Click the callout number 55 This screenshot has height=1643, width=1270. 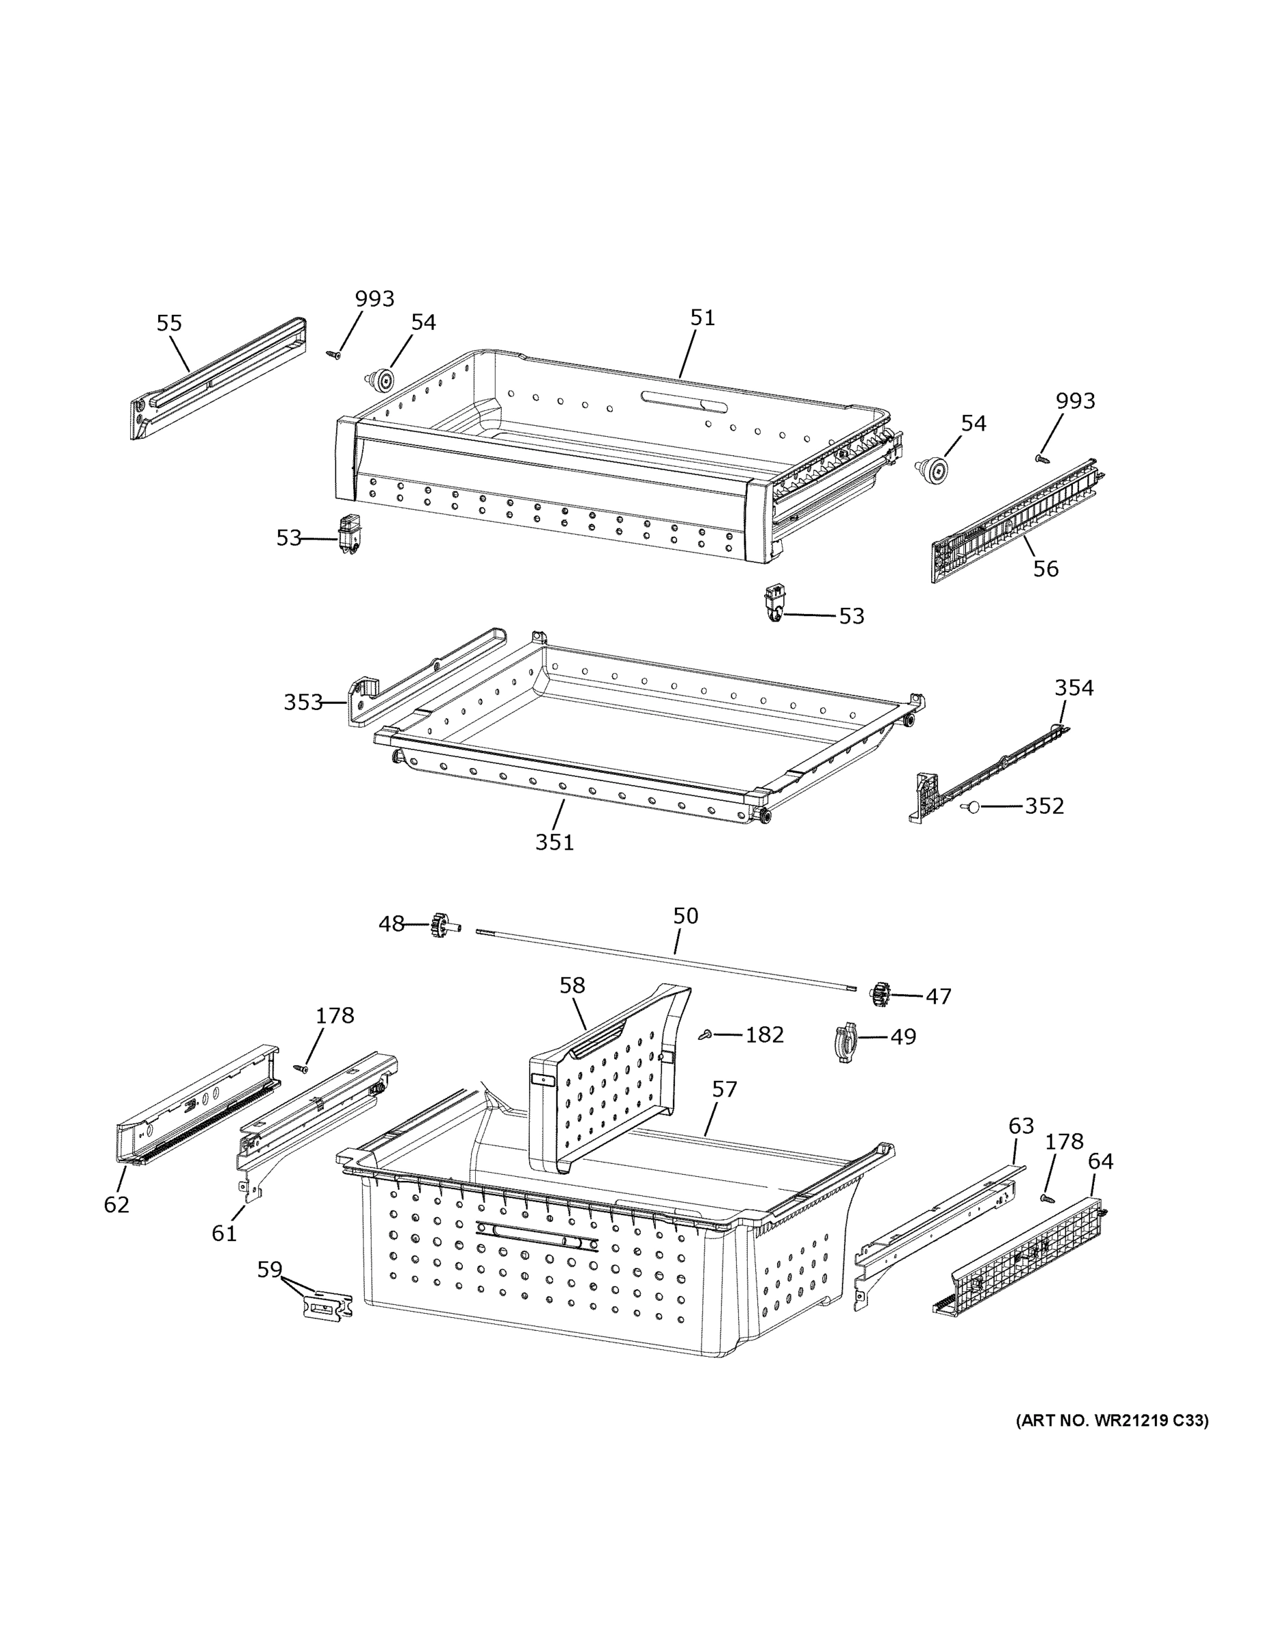pyautogui.click(x=168, y=324)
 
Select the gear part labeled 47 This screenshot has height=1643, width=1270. pyautogui.click(x=880, y=995)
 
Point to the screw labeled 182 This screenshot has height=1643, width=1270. pyautogui.click(x=706, y=1036)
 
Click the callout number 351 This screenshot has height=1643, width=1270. pyautogui.click(x=555, y=842)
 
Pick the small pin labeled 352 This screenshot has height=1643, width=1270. pyautogui.click(x=971, y=807)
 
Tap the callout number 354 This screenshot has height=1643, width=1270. pyautogui.click(x=1074, y=687)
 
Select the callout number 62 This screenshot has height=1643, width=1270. pyautogui.click(x=116, y=1204)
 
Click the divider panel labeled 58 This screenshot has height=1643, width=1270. pyautogui.click(x=602, y=1083)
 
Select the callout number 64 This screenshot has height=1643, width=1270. pyautogui.click(x=1100, y=1162)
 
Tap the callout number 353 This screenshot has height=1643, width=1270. pyautogui.click(x=303, y=702)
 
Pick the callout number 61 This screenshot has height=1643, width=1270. pyautogui.click(x=224, y=1233)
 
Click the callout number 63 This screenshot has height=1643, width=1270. pyautogui.click(x=1021, y=1126)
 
